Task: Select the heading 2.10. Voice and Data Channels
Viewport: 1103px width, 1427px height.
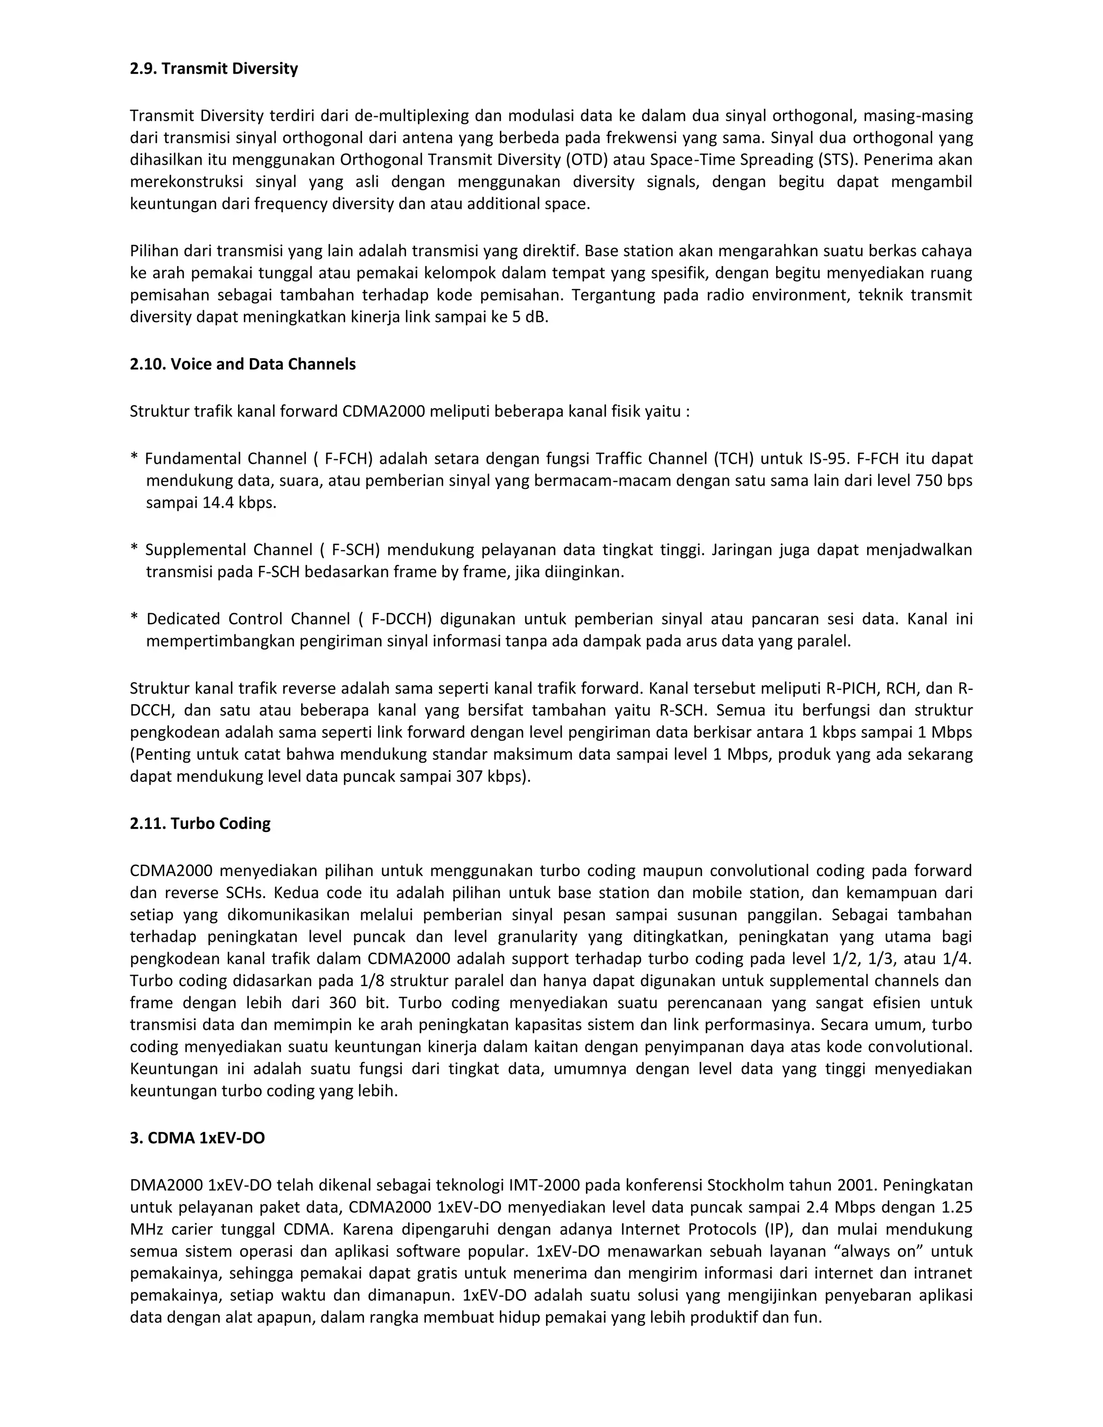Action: [x=242, y=364]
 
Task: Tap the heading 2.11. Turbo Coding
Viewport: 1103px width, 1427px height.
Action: [x=200, y=823]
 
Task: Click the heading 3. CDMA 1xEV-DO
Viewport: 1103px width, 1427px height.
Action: [x=197, y=1138]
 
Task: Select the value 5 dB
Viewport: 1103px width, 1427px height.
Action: [x=531, y=318]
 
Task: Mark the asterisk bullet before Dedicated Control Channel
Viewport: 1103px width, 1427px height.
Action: [x=134, y=619]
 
